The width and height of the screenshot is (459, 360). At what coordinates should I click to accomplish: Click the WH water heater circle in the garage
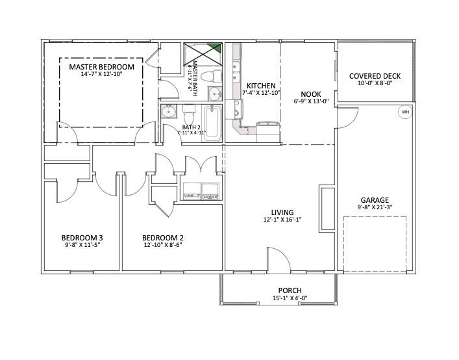tap(406, 112)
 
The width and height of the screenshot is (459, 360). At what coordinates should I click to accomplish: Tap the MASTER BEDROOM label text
tap(101, 67)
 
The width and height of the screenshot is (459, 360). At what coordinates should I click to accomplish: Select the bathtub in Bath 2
tap(213, 123)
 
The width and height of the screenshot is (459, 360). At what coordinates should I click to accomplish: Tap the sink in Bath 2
tap(169, 111)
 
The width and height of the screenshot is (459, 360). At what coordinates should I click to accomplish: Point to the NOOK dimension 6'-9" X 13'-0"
tap(312, 101)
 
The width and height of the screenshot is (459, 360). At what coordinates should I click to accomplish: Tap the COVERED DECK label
tap(375, 76)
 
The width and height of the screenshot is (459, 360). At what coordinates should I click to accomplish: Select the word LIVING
tap(282, 212)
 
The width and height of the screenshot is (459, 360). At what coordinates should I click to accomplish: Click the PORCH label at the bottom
tap(290, 290)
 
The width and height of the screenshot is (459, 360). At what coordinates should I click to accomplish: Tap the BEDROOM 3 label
tap(82, 237)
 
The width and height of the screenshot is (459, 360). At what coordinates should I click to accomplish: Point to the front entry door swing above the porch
tap(277, 259)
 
